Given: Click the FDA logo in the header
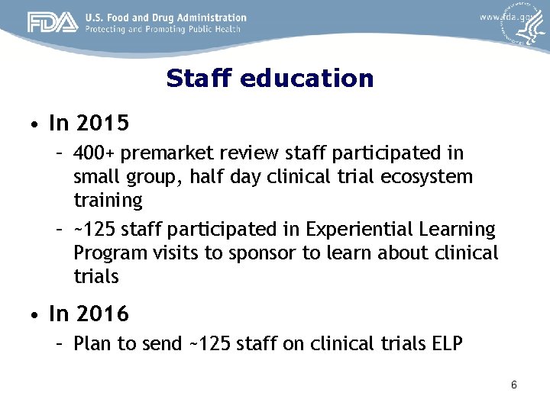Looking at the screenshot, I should click(53, 23).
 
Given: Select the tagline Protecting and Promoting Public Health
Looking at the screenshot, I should click(163, 30).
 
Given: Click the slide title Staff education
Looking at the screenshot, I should click(270, 79).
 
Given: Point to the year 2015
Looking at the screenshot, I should click(102, 123).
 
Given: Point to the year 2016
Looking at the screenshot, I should click(102, 314).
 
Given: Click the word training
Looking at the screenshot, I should click(108, 201).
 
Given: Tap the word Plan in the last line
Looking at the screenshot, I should click(92, 343).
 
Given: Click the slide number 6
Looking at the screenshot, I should click(514, 385).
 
